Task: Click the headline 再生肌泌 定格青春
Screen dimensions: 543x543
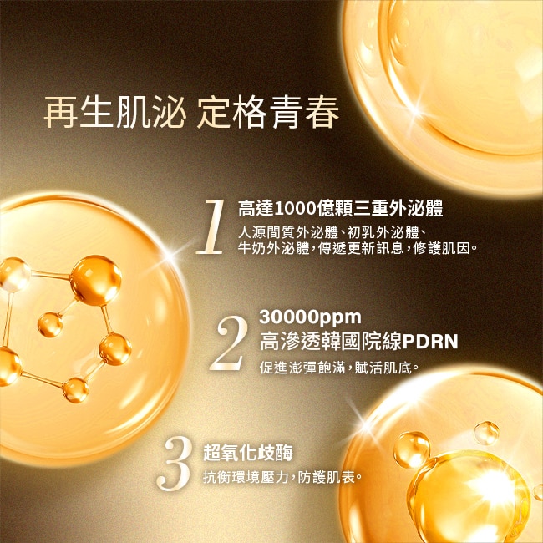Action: click(x=191, y=112)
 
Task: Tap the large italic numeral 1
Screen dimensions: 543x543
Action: click(x=211, y=227)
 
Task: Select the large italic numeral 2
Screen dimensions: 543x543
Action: click(x=229, y=343)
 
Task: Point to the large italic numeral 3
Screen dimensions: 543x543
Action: click(x=174, y=464)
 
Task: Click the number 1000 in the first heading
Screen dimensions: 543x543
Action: click(x=295, y=209)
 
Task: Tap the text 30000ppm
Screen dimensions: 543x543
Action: click(x=310, y=317)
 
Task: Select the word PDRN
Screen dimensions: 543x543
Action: click(x=429, y=342)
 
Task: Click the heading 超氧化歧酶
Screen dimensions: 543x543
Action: click(x=248, y=453)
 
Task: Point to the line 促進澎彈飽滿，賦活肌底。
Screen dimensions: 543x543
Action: click(x=339, y=368)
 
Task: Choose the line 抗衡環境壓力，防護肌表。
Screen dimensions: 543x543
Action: click(x=282, y=478)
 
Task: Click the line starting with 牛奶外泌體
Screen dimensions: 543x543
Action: click(x=358, y=248)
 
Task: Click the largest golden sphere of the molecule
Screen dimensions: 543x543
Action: click(x=96, y=281)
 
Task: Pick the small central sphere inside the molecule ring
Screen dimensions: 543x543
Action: click(x=50, y=325)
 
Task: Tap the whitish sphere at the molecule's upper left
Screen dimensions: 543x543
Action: click(x=14, y=275)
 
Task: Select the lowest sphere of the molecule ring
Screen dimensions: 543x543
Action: click(x=75, y=390)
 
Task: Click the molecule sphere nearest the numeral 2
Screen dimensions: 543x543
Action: click(x=115, y=349)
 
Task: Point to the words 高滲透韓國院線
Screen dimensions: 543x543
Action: click(x=331, y=342)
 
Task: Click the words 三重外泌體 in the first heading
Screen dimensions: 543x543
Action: click(x=398, y=209)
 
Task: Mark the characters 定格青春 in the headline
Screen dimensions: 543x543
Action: click(x=267, y=112)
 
